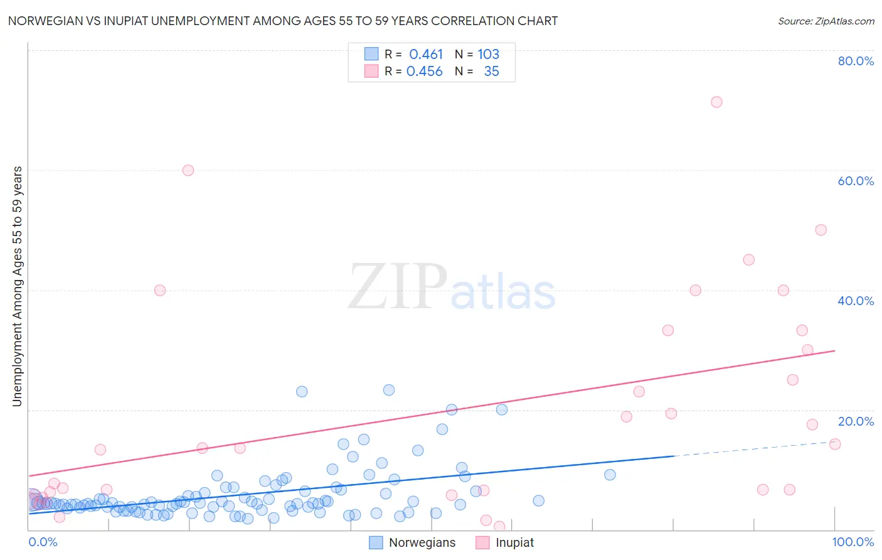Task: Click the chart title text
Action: (x=283, y=21)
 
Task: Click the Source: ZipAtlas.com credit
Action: (x=826, y=21)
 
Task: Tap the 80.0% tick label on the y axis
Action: (x=856, y=61)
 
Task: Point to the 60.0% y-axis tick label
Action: (x=856, y=181)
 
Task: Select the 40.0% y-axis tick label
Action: (x=856, y=301)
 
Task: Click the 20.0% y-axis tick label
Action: (x=856, y=421)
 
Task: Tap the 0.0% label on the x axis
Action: (x=43, y=542)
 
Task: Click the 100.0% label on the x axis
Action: (x=853, y=542)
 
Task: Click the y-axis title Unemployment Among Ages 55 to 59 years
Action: (x=17, y=286)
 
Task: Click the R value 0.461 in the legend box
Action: (x=426, y=55)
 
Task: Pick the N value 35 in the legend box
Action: (x=491, y=72)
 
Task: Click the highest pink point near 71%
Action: (x=716, y=102)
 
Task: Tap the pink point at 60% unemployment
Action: (x=188, y=170)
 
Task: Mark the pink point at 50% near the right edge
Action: (x=821, y=230)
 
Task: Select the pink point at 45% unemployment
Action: (x=748, y=260)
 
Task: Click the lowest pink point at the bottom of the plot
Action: (x=499, y=526)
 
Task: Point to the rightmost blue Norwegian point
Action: (x=610, y=475)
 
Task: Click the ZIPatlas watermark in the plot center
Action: (x=452, y=288)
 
